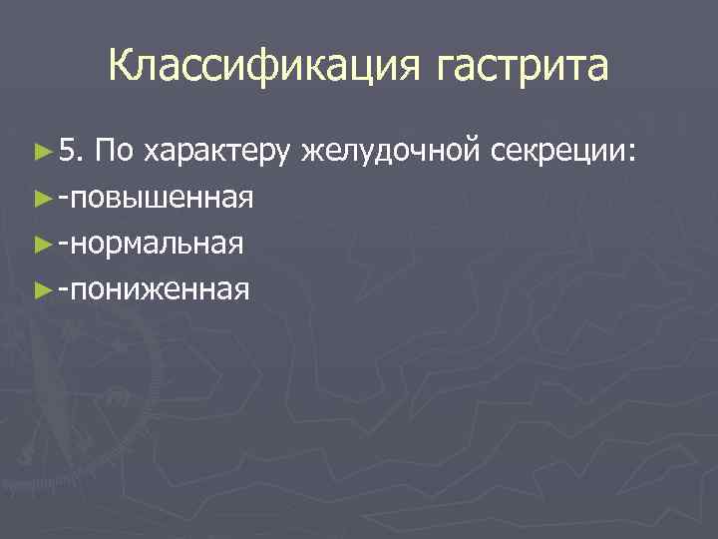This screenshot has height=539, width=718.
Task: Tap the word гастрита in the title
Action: click(522, 67)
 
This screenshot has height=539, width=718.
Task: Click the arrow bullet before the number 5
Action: click(41, 153)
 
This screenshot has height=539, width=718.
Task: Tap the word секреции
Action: click(555, 153)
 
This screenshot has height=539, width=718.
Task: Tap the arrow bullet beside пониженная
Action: click(41, 290)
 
